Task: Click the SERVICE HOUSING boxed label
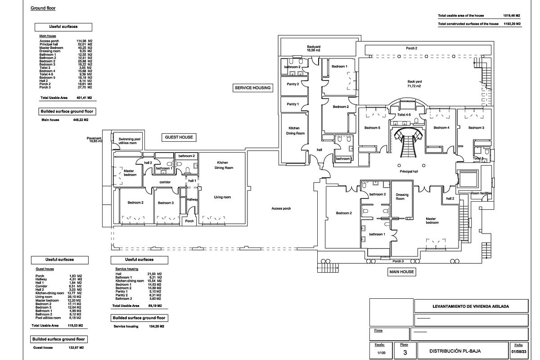click(253, 88)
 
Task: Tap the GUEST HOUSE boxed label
click(179, 137)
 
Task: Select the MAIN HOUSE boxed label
click(401, 272)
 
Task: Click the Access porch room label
click(281, 208)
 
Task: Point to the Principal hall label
click(409, 172)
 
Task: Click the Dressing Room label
click(402, 197)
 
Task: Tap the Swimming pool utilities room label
click(130, 141)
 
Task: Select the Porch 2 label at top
click(411, 48)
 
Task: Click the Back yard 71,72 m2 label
click(414, 84)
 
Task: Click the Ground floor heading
click(43, 8)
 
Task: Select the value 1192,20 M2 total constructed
click(512, 24)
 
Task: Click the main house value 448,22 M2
click(81, 120)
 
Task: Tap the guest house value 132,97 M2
click(75, 347)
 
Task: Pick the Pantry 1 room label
click(292, 104)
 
